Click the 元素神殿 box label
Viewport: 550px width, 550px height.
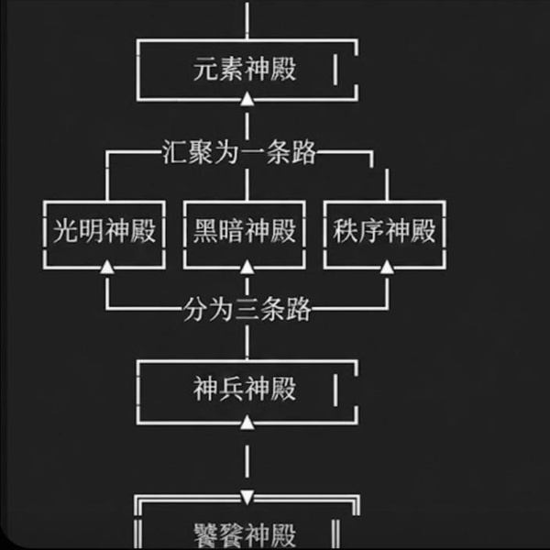point(246,70)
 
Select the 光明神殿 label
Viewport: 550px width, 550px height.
point(104,231)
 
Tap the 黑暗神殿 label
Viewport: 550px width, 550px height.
point(246,231)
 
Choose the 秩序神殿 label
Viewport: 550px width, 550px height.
point(385,231)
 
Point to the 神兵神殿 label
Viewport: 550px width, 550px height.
point(246,390)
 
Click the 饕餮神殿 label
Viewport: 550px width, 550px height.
point(246,534)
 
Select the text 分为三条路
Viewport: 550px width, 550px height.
point(246,310)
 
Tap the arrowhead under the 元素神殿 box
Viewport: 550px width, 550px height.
point(246,99)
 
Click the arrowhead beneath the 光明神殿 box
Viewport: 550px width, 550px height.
point(106,267)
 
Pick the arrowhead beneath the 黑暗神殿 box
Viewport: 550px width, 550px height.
point(246,267)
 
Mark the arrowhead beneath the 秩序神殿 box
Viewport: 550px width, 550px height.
point(386,267)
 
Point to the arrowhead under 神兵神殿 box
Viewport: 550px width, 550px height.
point(246,423)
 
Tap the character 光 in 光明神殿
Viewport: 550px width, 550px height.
point(65,231)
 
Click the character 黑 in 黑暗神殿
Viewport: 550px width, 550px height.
point(206,231)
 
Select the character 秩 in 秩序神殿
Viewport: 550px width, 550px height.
point(346,231)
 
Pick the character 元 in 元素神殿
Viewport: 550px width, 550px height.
point(206,70)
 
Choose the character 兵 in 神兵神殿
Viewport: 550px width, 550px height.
point(233,390)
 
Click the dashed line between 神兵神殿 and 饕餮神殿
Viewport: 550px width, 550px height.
point(246,463)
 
